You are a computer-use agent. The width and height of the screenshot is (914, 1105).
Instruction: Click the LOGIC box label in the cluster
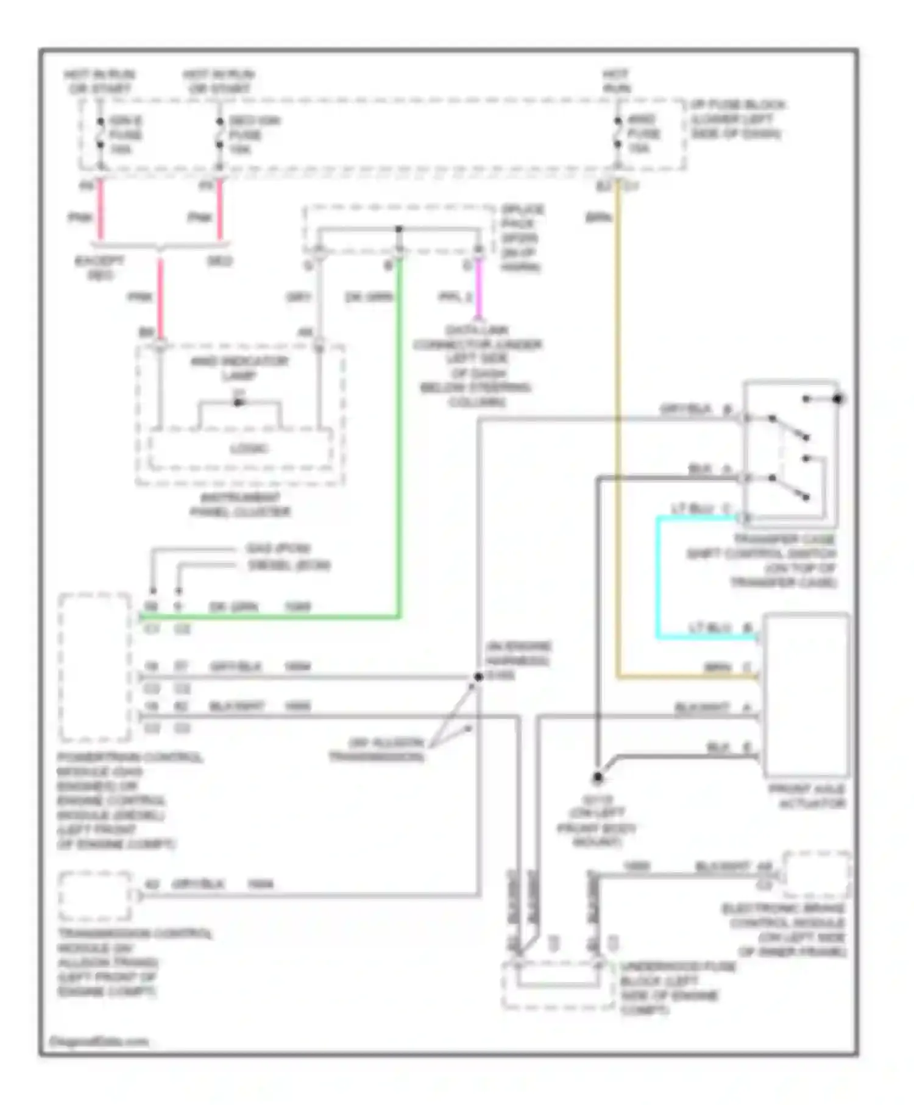[249, 449]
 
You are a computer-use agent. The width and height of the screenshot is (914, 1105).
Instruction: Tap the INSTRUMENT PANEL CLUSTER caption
[240, 504]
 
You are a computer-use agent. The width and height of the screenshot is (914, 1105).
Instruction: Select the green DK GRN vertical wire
[399, 439]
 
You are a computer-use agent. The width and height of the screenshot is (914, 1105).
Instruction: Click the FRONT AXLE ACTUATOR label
[807, 796]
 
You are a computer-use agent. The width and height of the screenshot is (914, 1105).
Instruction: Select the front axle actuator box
[806, 694]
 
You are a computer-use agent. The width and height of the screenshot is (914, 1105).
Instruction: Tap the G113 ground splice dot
[598, 777]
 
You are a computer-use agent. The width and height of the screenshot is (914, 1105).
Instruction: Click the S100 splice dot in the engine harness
[478, 677]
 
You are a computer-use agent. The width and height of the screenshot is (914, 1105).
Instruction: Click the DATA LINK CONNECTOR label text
[477, 365]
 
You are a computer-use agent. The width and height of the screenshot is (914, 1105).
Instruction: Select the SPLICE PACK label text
[522, 238]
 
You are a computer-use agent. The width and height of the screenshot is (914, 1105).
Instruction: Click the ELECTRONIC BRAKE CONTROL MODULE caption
[786, 930]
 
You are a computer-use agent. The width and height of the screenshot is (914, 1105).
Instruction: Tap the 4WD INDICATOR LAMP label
[239, 368]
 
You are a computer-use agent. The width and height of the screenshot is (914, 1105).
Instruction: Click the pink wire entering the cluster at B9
[160, 298]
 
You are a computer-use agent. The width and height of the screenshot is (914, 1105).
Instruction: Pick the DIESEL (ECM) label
[289, 565]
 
